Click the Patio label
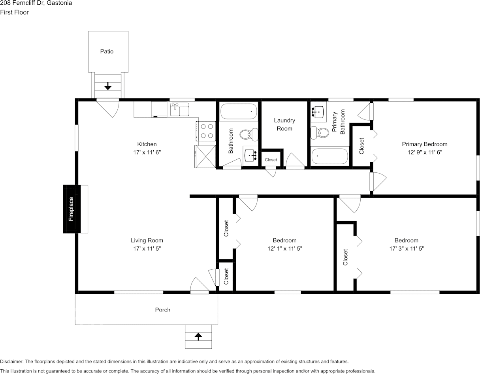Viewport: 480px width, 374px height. point(107,51)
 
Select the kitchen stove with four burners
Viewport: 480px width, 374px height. point(206,131)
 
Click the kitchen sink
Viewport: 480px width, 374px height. point(180,109)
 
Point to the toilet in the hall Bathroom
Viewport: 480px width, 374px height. point(249,134)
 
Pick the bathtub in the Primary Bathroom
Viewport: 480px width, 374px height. point(330,156)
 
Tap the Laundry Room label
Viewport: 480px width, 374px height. point(284,125)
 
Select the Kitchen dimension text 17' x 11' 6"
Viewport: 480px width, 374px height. point(147,152)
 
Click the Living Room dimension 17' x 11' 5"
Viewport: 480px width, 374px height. point(147,248)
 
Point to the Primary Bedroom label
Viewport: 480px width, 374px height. point(425,144)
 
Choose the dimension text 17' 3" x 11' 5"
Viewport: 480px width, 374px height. point(407,248)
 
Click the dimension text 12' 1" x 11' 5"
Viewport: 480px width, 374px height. point(285,248)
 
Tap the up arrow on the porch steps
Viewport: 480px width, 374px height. point(198,336)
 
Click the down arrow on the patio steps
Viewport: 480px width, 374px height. point(108,86)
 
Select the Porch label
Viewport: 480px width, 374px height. point(163,310)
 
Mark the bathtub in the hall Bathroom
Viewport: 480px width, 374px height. point(239,111)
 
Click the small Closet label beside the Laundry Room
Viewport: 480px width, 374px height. point(271,160)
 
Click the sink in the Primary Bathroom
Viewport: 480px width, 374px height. point(318,112)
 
